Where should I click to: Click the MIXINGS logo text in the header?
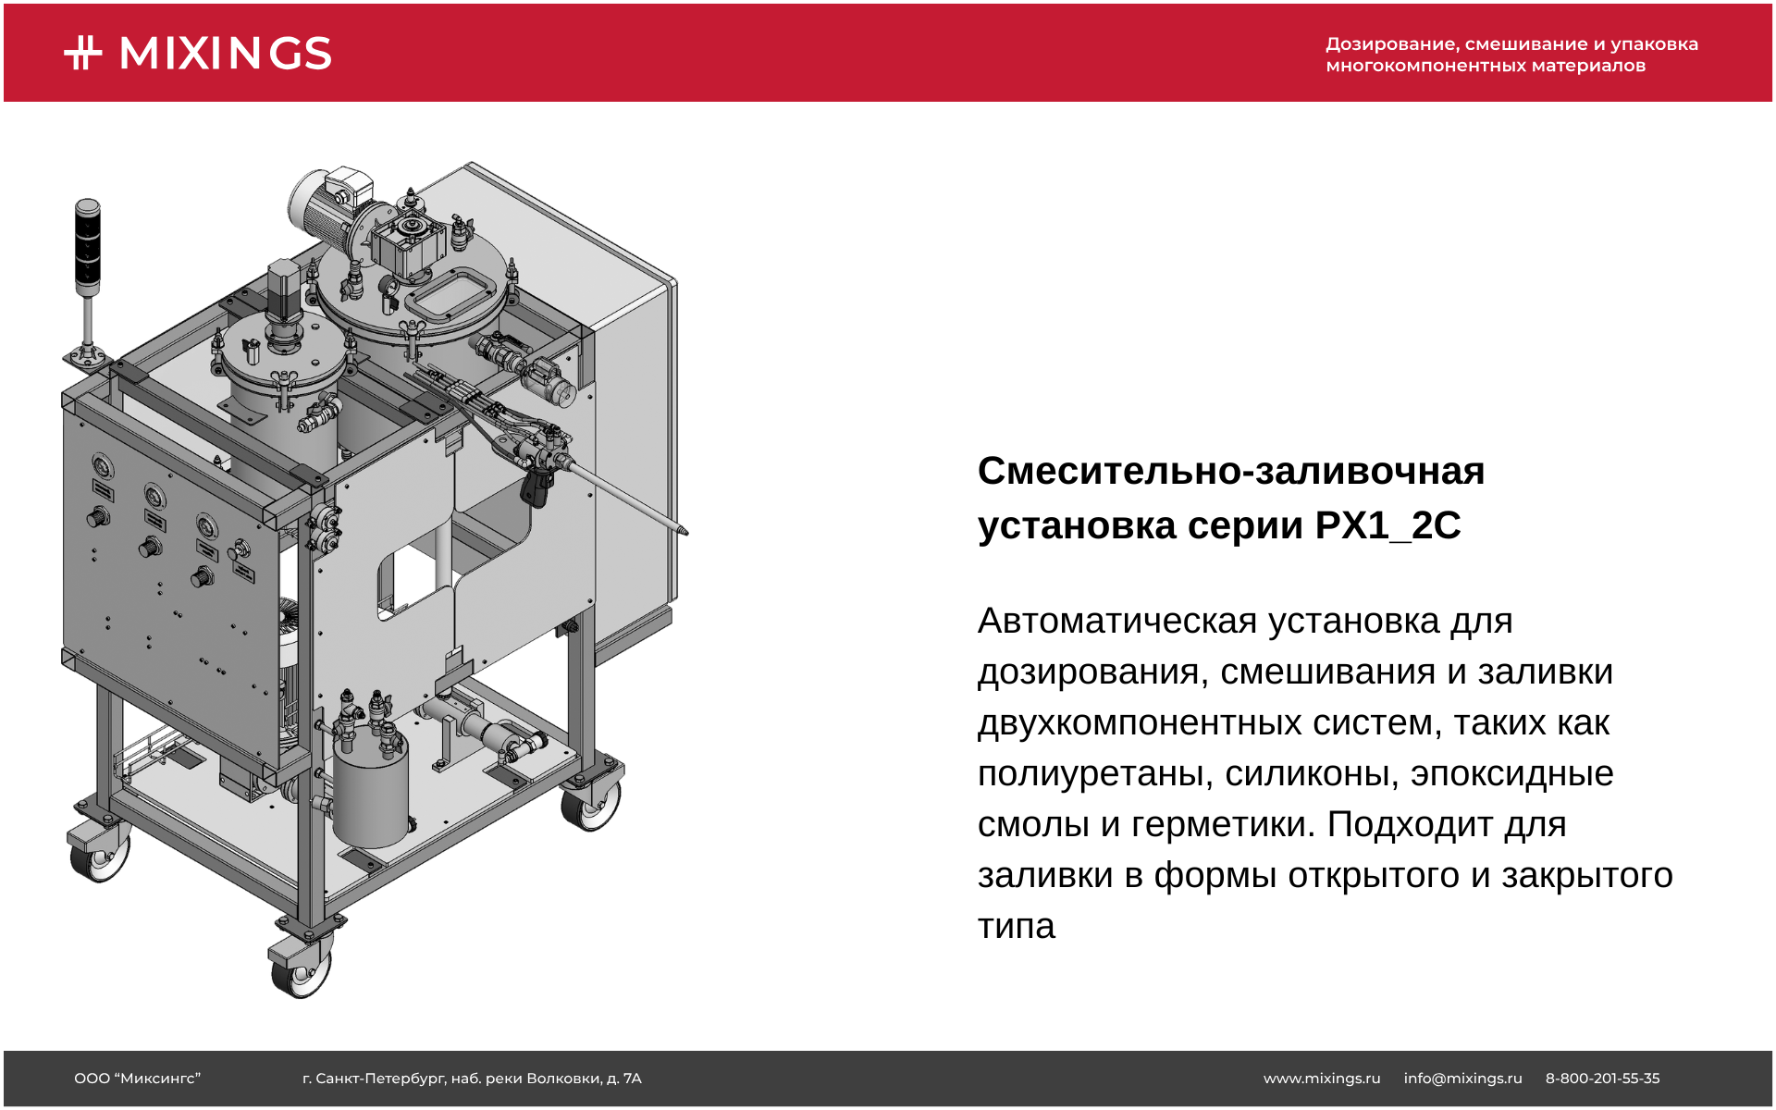pos(226,54)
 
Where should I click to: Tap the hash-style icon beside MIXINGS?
pos(83,53)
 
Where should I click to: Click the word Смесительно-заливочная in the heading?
pos(1231,472)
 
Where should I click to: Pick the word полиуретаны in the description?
pos(1095,774)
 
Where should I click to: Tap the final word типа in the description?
pos(1017,926)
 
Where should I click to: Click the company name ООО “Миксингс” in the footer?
pos(137,1079)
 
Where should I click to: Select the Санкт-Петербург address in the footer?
pos(472,1079)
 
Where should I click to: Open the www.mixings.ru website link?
pos(1322,1079)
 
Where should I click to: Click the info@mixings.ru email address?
pos(1462,1079)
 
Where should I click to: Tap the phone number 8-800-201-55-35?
pos(1602,1079)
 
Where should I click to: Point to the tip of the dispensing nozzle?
pos(684,532)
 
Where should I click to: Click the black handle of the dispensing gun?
pos(534,489)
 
